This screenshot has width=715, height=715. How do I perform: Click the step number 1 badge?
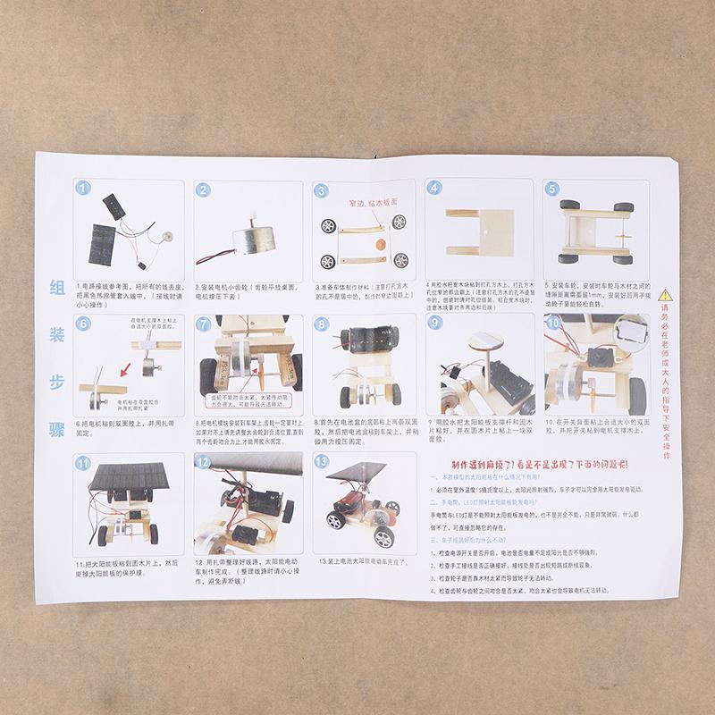(83, 189)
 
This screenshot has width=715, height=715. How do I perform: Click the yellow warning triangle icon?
(665, 293)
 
